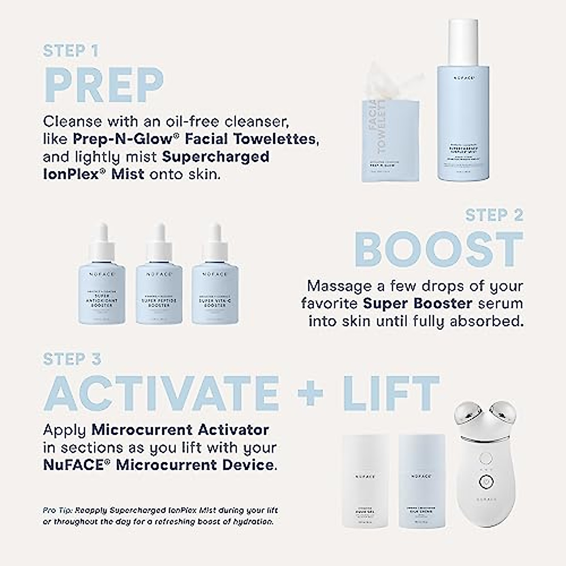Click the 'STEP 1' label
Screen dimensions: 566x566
71,51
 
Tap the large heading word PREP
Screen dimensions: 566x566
103,86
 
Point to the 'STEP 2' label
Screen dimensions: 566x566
494,216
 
